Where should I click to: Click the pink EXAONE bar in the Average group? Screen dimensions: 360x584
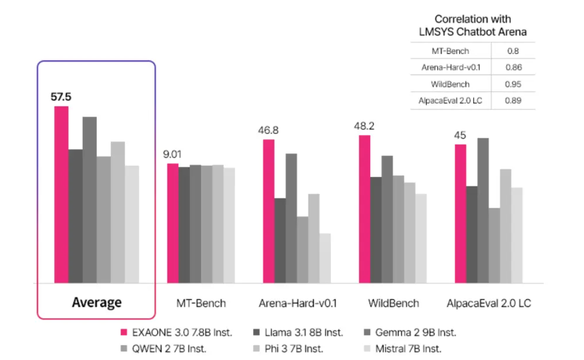[x=61, y=194]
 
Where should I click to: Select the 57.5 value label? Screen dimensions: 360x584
[x=61, y=97]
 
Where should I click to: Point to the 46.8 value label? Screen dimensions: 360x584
[x=268, y=130]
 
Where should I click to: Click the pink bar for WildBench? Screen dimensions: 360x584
[x=364, y=209]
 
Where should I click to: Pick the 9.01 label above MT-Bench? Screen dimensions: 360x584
[x=173, y=154]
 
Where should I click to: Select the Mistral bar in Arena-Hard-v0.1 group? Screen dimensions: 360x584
[x=325, y=258]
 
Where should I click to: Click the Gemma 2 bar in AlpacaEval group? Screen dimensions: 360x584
[x=483, y=210]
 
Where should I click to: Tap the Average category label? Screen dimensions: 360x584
[x=97, y=302]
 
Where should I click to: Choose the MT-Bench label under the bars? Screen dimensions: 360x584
[x=201, y=303]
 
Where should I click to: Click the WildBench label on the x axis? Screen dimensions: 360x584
[x=394, y=303]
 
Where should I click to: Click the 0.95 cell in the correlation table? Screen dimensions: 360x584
[x=513, y=84]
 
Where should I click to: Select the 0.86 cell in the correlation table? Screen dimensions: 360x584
[x=513, y=67]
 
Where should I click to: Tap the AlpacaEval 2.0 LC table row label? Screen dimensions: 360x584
[x=451, y=101]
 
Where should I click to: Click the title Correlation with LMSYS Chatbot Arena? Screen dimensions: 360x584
[x=473, y=26]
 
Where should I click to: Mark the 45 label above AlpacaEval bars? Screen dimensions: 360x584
[x=460, y=136]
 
